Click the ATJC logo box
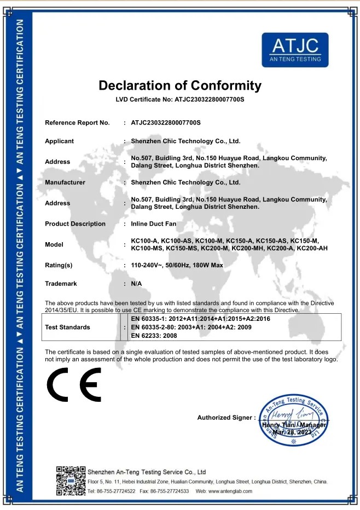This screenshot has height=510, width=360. coord(295,49)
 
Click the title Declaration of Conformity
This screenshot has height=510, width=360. coord(180,85)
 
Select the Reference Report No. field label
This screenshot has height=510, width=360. coord(77,122)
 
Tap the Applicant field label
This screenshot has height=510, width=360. coord(59,141)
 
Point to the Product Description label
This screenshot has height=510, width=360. coord(75,224)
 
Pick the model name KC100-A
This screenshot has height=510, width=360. coord(144,241)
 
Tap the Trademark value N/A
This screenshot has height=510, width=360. coord(137,284)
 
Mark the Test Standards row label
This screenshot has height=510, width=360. coord(68,327)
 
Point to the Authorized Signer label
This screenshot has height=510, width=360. coord(226,418)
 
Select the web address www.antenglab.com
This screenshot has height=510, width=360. coord(224,491)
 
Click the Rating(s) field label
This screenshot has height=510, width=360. coord(59,265)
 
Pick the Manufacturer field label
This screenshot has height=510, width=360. coord(65,182)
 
